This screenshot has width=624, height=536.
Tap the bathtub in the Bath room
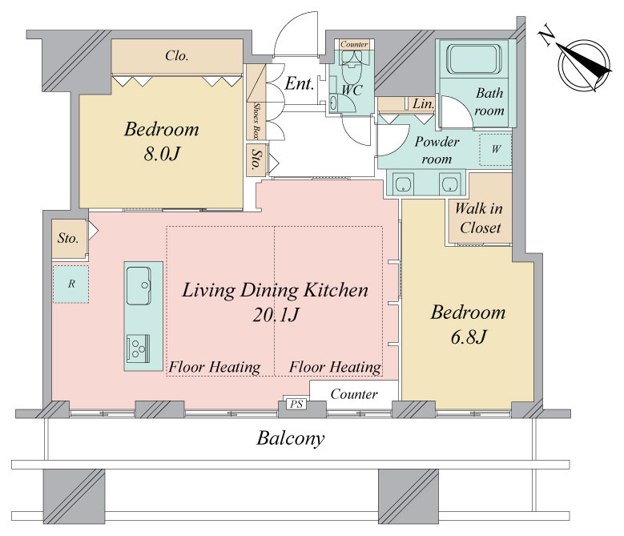coord(473,59)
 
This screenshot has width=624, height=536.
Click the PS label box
coord(296,405)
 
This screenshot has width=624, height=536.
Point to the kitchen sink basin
coord(139,285)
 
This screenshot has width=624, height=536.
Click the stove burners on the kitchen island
coord(138,349)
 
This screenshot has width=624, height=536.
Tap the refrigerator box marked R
coord(70,284)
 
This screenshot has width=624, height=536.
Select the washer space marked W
coord(496,150)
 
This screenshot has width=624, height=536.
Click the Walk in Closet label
coord(479,218)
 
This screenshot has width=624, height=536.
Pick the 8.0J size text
coord(162,154)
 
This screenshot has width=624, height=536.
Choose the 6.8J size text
coord(469,337)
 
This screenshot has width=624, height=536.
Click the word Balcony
coord(290,438)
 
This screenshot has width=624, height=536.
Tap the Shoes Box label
coord(256,120)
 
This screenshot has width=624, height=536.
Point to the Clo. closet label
coord(177,56)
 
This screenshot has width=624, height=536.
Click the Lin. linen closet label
coord(423,104)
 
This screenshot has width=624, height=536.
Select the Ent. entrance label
coord(300,83)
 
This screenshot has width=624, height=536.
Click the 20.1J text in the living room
coord(276,315)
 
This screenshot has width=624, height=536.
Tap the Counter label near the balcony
coord(354,394)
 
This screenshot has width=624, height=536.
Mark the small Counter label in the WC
coord(354,44)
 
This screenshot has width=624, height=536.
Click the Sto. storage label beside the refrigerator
coord(67,238)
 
